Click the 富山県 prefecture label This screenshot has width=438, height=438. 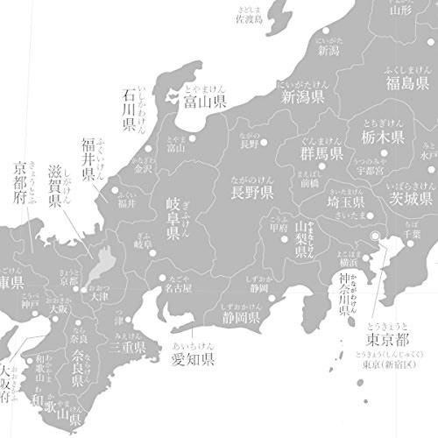point(204,102)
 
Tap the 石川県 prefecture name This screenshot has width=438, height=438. point(129,109)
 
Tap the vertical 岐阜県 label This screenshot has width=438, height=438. point(173,220)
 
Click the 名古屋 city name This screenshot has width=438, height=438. point(175,286)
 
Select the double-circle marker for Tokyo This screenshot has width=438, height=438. point(376,236)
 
